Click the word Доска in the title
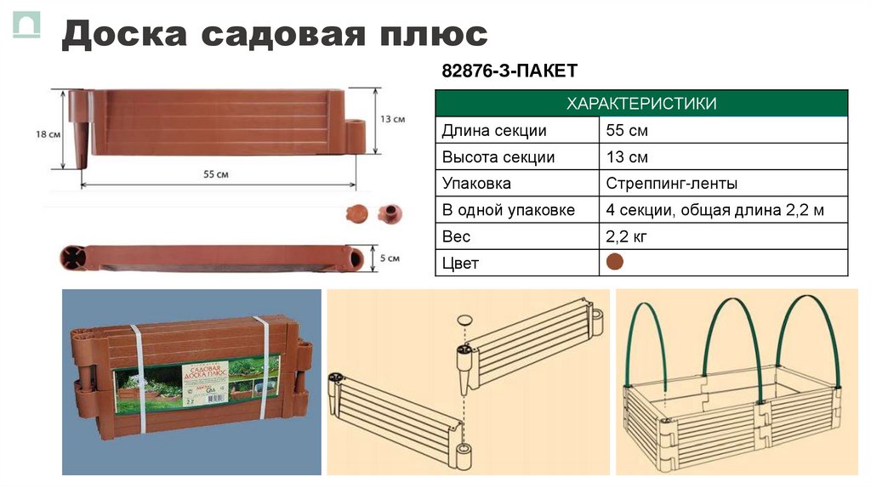127,35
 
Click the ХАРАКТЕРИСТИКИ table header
641,104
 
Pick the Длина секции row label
494,131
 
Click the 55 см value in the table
627,131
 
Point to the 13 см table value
627,157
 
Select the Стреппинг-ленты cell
672,184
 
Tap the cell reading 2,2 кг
627,236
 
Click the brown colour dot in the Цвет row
615,262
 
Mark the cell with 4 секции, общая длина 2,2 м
714,210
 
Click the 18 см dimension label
48,134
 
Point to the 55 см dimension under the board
216,173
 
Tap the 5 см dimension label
389,258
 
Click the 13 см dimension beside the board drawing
392,120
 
